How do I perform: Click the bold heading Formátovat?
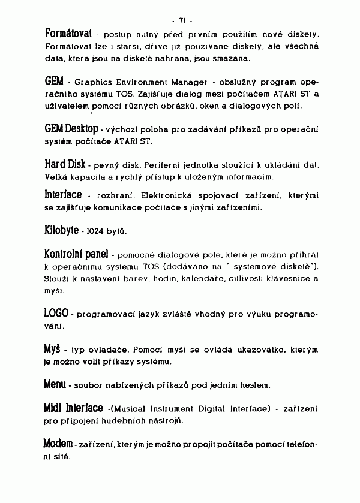pos(69,31)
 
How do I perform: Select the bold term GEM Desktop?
pos(71,129)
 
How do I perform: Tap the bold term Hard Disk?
pos(65,164)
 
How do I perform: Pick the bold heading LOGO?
pos(56,313)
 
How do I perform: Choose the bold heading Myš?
pos(52,348)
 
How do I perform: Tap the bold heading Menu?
pos(55,383)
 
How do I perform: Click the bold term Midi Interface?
pos(73,408)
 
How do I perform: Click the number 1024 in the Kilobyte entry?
pos(96,231)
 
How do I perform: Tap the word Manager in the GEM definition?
pos(183,82)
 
